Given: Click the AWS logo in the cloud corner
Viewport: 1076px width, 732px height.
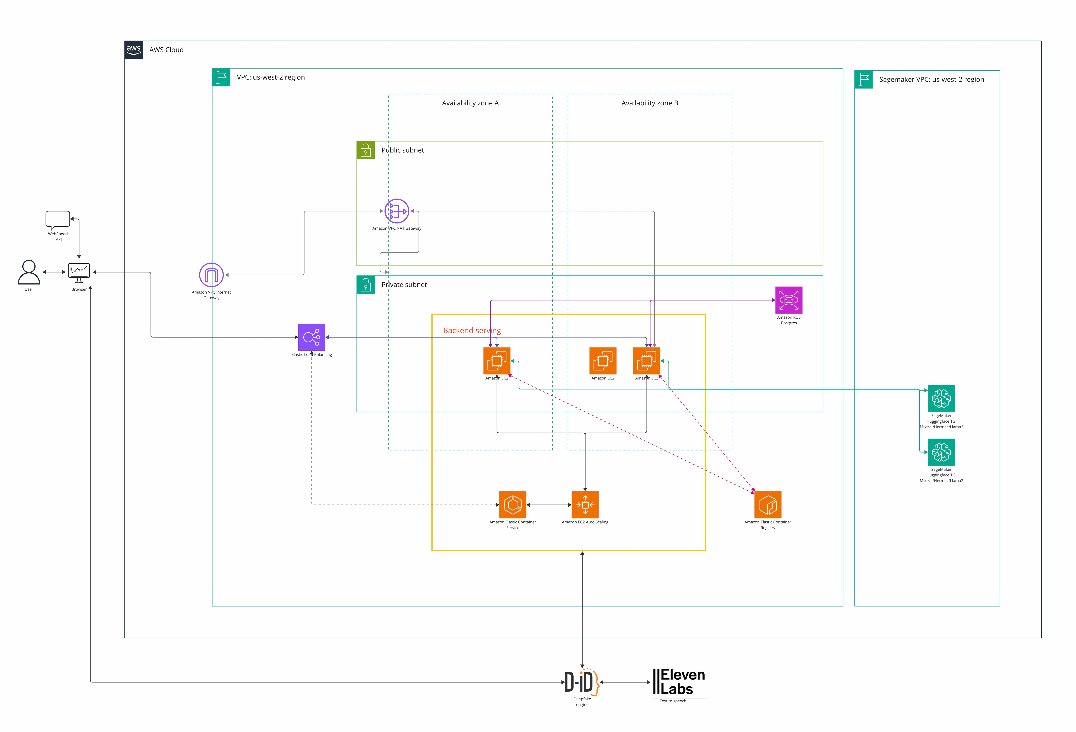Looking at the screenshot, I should [x=133, y=50].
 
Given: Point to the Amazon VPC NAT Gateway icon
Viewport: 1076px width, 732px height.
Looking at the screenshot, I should [x=397, y=211].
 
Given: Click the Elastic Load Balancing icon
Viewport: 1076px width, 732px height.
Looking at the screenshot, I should [x=312, y=337].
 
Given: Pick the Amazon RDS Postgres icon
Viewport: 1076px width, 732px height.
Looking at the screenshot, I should [x=789, y=300].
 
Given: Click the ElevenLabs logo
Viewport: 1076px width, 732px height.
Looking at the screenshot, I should [x=679, y=682].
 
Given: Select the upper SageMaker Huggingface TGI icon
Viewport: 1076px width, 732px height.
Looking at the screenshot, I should [x=941, y=398].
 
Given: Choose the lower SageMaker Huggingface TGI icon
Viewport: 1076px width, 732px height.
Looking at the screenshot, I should [x=941, y=452].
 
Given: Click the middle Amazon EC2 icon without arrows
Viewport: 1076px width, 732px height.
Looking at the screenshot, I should [x=603, y=361].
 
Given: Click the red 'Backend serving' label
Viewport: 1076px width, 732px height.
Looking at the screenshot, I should [x=472, y=330].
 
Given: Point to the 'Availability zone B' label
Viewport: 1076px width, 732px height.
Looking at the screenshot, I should [x=650, y=103].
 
